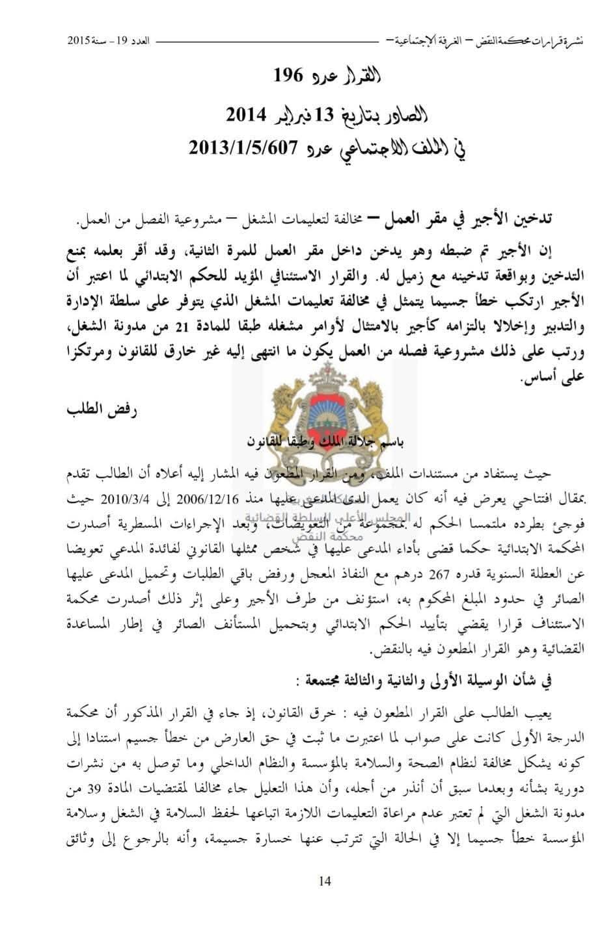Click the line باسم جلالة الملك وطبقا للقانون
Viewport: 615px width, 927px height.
[325, 443]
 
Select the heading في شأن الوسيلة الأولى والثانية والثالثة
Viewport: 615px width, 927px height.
[430, 683]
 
